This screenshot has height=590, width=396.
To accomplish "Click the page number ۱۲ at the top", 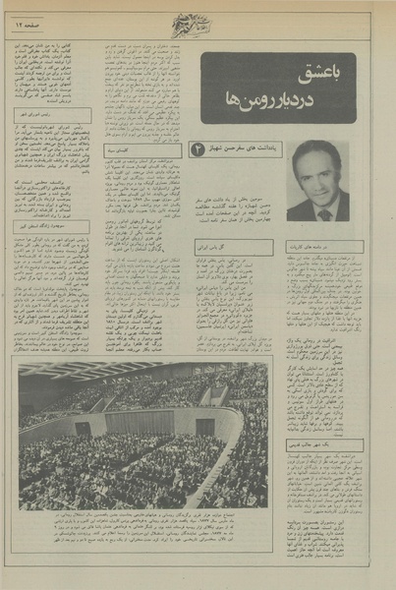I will tap(42, 19).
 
